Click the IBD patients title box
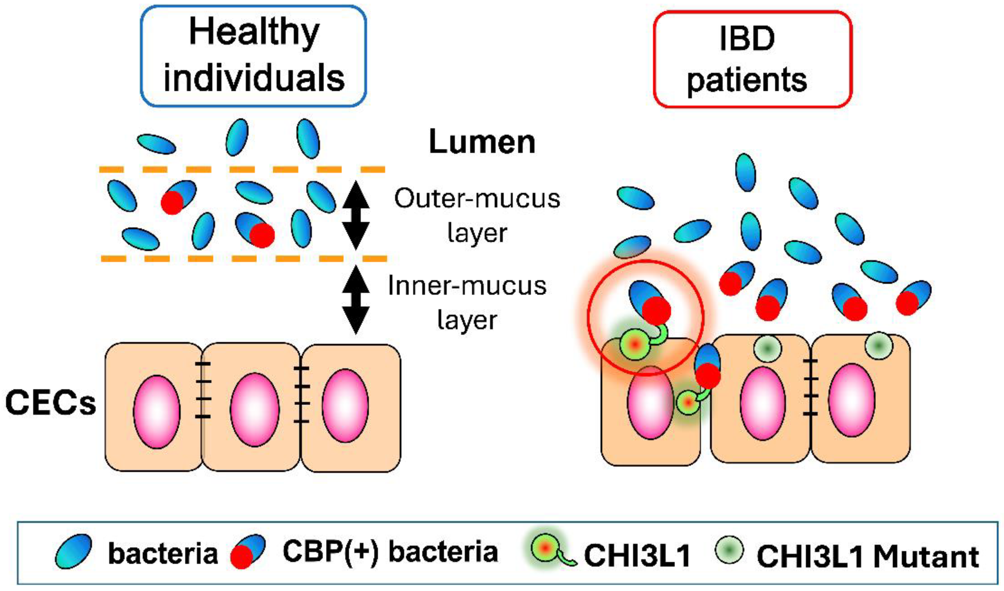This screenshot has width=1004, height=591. tap(753, 59)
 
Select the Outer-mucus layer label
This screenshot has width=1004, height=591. tap(477, 215)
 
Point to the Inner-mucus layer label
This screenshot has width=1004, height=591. tap(467, 302)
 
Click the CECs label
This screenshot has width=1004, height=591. tap(50, 403)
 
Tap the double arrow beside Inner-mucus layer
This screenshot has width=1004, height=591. tap(356, 300)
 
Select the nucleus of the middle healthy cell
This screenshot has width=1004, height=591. tap(255, 410)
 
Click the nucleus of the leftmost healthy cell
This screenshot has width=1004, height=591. tap(157, 412)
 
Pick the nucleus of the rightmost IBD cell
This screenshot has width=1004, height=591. tap(851, 400)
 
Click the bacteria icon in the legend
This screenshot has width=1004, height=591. tap(74, 551)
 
